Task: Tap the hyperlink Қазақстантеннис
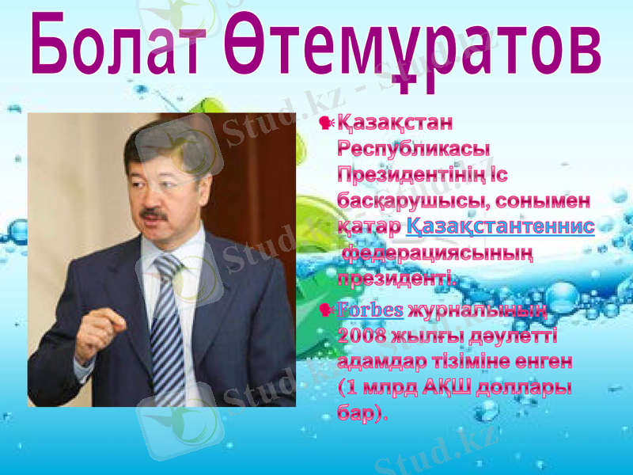pyautogui.click(x=500, y=226)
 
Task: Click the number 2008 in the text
pyautogui.click(x=363, y=336)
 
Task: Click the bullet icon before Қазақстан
pyautogui.click(x=325, y=123)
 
